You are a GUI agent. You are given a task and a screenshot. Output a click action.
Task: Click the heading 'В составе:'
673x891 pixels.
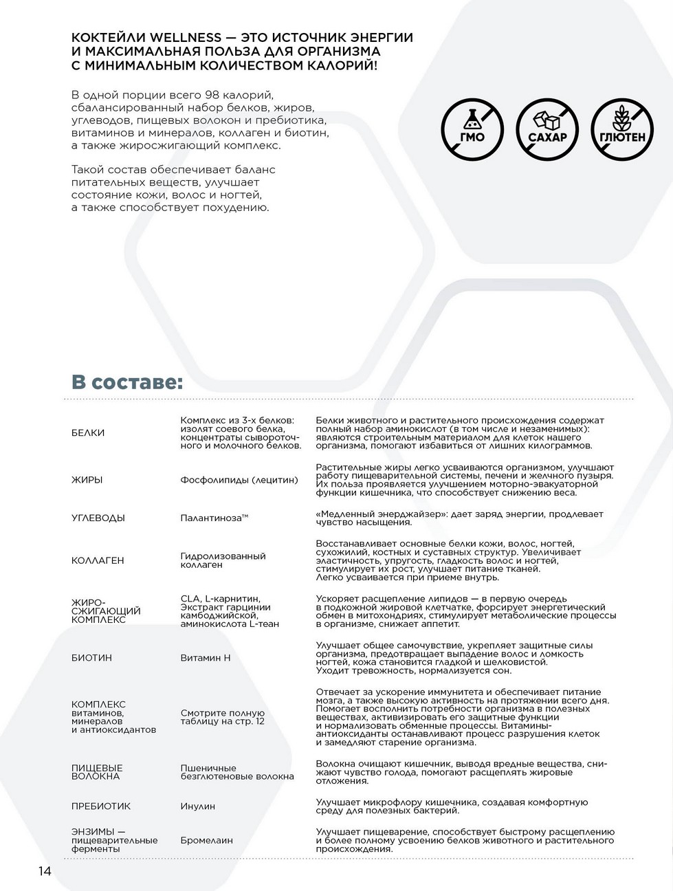click(x=127, y=382)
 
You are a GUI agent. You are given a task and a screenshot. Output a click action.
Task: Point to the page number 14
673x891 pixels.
click(x=45, y=871)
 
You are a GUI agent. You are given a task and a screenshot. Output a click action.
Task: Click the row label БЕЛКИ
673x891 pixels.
click(x=88, y=432)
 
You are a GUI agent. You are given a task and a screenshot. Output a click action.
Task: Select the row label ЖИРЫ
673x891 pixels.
click(x=87, y=480)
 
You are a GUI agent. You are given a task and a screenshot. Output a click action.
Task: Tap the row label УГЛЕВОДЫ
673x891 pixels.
click(x=98, y=518)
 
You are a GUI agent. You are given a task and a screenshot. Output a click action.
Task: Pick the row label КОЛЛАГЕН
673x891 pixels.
click(x=98, y=560)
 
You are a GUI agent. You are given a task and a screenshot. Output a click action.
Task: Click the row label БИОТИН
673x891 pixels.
click(x=91, y=657)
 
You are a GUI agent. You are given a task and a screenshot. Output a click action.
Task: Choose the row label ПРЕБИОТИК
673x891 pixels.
click(x=100, y=806)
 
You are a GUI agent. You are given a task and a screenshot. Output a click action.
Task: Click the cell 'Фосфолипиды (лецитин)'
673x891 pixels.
click(x=239, y=480)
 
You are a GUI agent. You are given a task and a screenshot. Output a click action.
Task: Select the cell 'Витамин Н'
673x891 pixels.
click(x=206, y=658)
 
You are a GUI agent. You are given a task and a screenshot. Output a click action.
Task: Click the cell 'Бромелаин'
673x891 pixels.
click(x=206, y=840)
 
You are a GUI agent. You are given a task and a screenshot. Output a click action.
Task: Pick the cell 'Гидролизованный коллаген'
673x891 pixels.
click(x=223, y=560)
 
